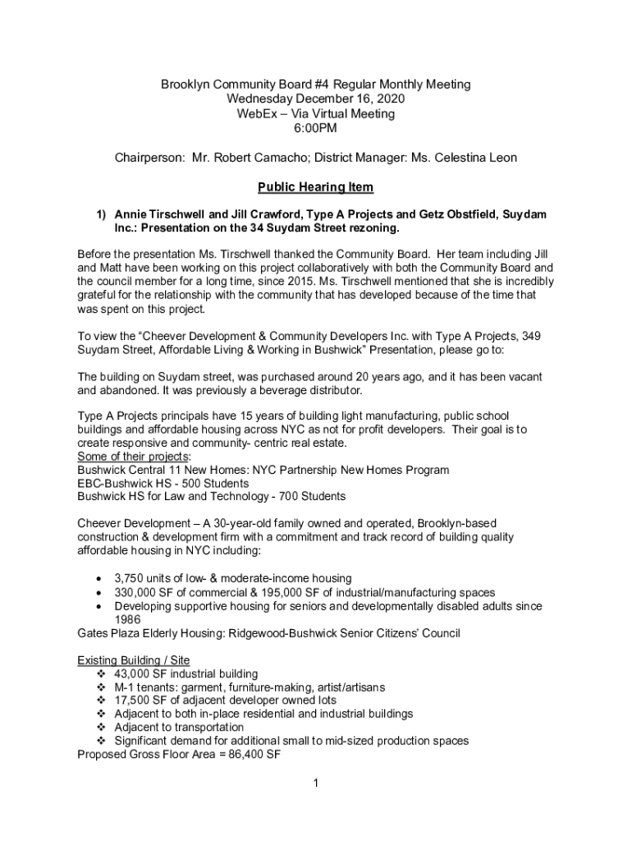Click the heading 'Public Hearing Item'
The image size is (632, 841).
coord(315,187)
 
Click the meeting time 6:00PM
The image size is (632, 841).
coord(315,128)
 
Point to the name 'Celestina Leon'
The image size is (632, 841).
coord(471,158)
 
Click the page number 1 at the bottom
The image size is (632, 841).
coord(315,783)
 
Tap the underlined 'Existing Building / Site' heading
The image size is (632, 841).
coord(133,660)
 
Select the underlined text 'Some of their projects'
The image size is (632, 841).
coord(133,456)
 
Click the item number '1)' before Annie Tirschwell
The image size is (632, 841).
coord(101,214)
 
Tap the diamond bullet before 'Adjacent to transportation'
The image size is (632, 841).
coord(102,728)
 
